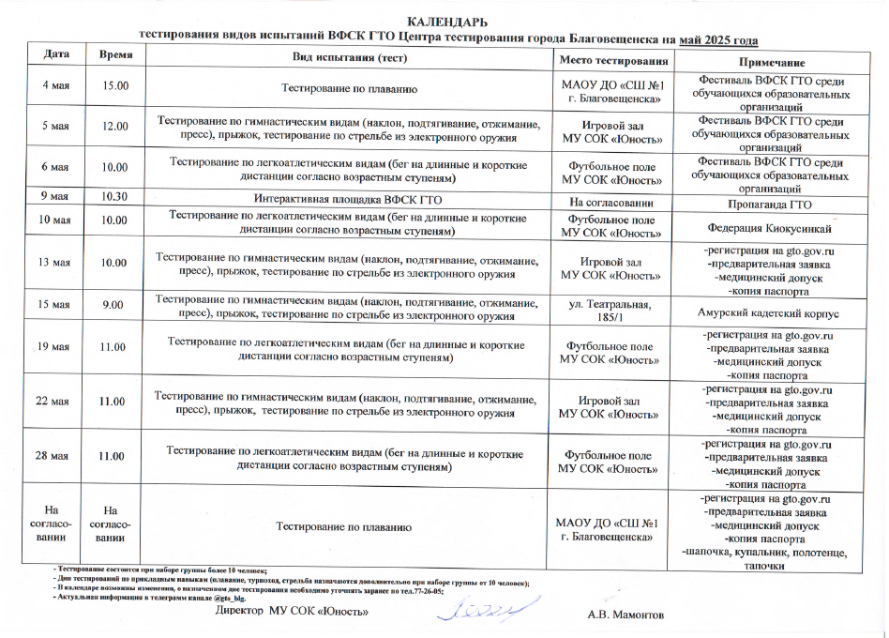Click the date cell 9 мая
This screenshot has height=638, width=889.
point(53,197)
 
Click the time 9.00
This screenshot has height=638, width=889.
point(114,306)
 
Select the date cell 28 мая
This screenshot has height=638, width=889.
point(53,456)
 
